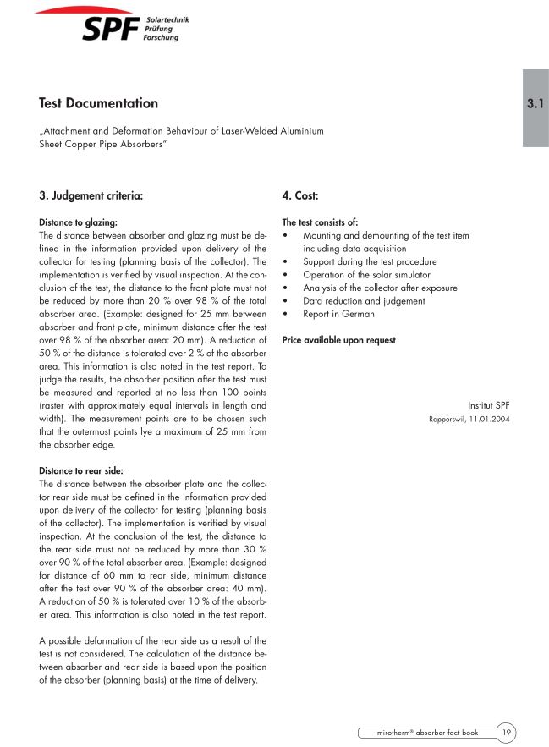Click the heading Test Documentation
98,103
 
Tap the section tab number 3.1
535,105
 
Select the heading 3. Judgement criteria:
91,195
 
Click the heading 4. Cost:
299,195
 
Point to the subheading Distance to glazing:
78,222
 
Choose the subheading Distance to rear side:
81,470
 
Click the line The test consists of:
320,222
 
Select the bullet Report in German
338,314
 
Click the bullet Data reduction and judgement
364,301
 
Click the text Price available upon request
338,340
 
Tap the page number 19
506,732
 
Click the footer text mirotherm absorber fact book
428,732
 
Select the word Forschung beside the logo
162,38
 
